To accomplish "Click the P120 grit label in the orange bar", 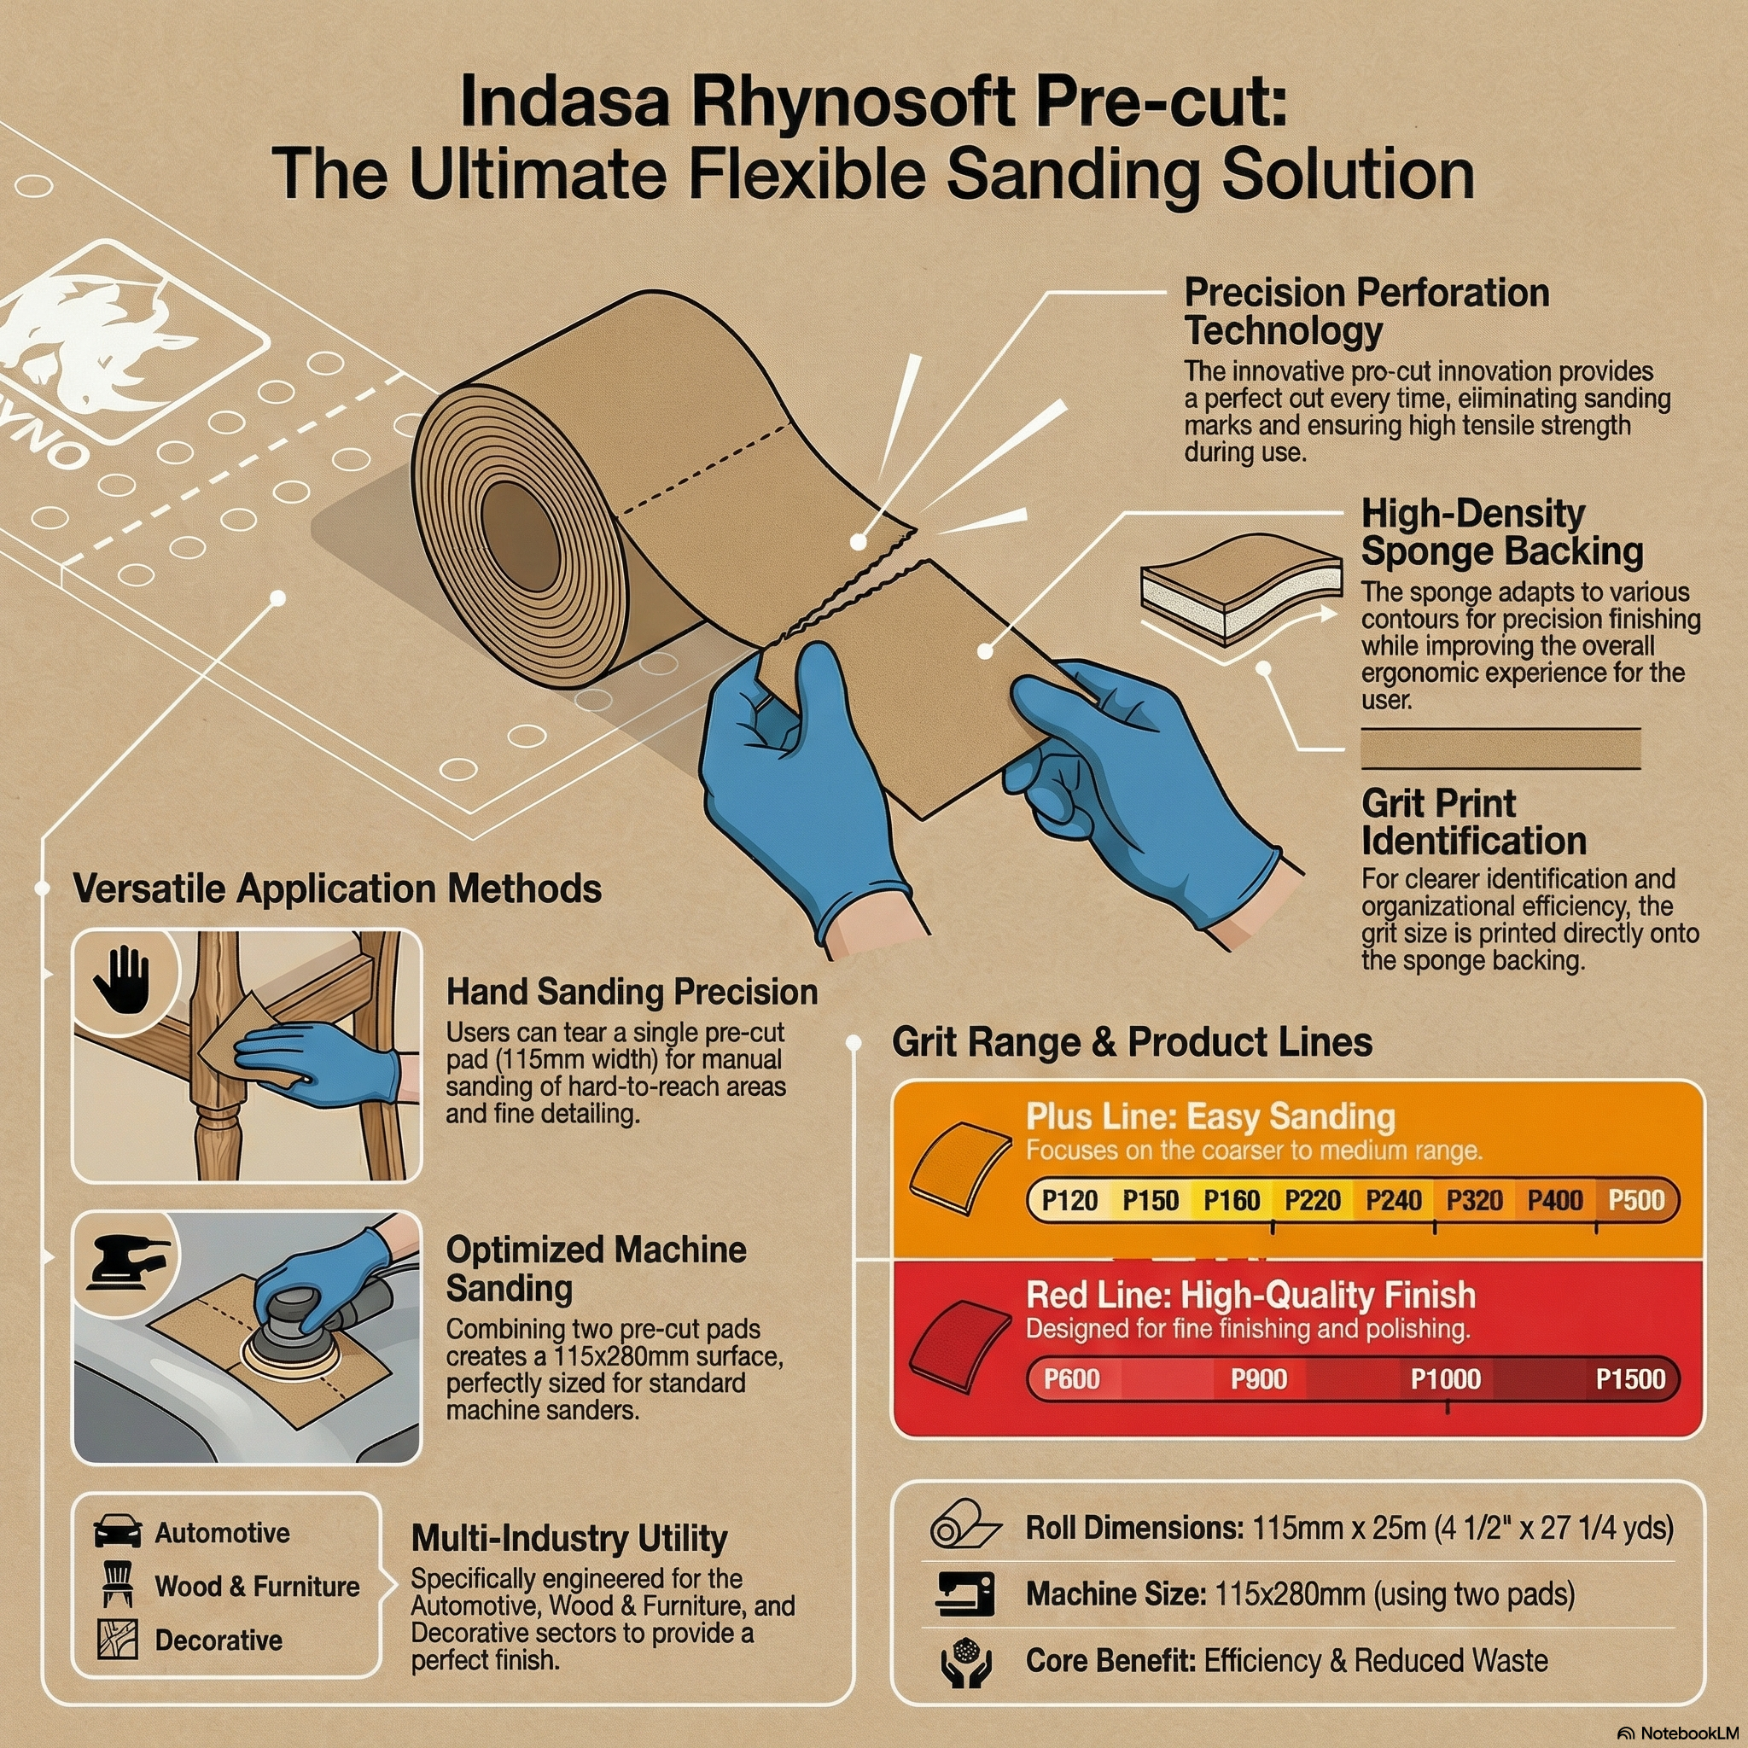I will (1069, 1201).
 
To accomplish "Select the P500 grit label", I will (1636, 1201).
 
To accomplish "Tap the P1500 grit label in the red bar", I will (1630, 1379).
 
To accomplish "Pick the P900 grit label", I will (1259, 1379).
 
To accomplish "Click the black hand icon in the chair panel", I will (120, 980).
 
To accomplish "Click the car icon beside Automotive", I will (118, 1532).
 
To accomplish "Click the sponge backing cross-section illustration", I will (1239, 588).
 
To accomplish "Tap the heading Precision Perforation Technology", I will (1366, 312).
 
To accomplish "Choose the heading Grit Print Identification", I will (1473, 822).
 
